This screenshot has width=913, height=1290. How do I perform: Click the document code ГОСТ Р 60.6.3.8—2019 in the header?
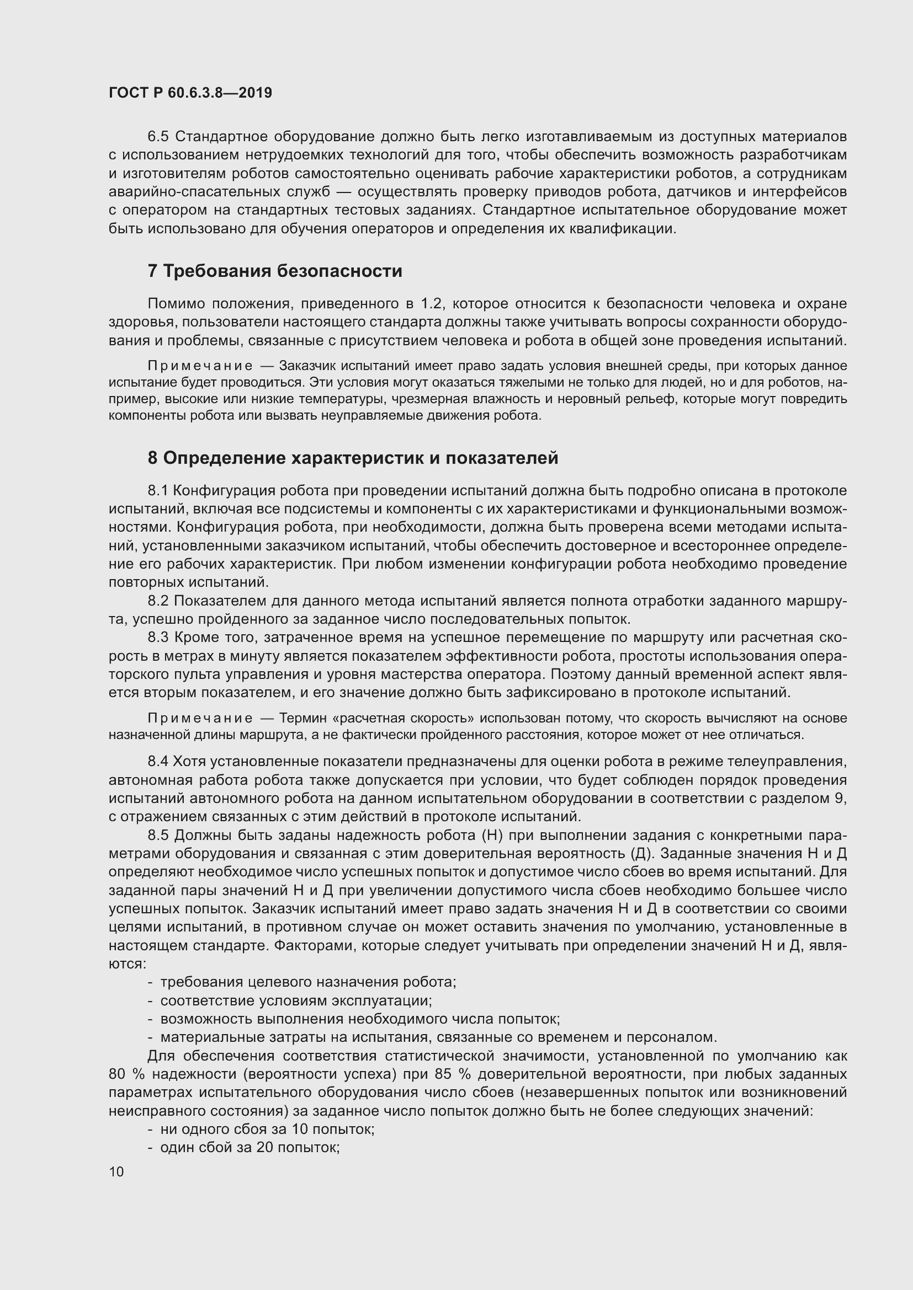pyautogui.click(x=190, y=93)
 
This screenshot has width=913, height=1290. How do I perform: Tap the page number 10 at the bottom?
pyautogui.click(x=116, y=1171)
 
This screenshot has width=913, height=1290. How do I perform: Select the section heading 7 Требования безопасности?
pyautogui.click(x=275, y=271)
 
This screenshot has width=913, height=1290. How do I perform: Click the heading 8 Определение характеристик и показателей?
pyautogui.click(x=353, y=458)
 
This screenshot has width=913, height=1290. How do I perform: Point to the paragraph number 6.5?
pyautogui.click(x=158, y=137)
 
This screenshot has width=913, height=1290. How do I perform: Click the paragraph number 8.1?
pyautogui.click(x=158, y=490)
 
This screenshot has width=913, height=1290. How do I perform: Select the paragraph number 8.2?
pyautogui.click(x=158, y=601)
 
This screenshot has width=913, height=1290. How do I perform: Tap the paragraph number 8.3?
pyautogui.click(x=158, y=638)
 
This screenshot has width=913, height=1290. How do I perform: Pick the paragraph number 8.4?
pyautogui.click(x=158, y=761)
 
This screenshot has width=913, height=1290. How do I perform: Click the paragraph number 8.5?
pyautogui.click(x=158, y=835)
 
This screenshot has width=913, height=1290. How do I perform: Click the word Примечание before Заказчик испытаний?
pyautogui.click(x=200, y=366)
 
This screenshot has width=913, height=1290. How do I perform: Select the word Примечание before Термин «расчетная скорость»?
pyautogui.click(x=200, y=718)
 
